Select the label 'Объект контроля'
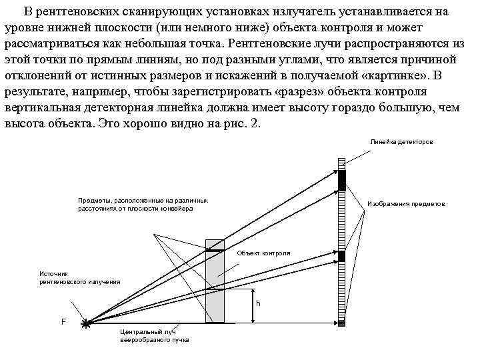263,253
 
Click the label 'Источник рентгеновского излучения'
80,277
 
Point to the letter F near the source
63,321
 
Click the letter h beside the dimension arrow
259,303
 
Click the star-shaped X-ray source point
86,324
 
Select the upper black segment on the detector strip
341,180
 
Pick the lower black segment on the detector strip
341,256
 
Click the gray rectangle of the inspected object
215,287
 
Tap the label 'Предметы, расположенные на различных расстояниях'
143,204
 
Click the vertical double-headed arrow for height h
253,306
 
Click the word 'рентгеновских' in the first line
87,13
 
